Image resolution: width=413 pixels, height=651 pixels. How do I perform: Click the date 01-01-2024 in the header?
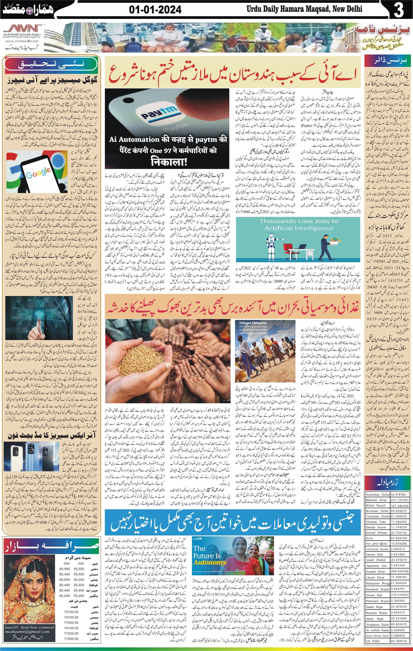(155, 10)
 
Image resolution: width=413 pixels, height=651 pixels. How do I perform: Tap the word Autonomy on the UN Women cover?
(209, 562)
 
